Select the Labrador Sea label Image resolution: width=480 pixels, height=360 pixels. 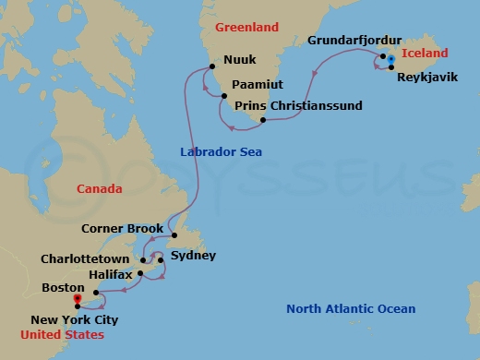(x=222, y=151)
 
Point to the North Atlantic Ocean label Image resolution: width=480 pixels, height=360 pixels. (x=351, y=309)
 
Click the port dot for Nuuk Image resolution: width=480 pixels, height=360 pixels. (x=212, y=66)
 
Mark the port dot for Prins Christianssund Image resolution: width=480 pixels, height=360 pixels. (x=263, y=120)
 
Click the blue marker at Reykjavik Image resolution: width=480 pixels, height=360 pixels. (x=391, y=61)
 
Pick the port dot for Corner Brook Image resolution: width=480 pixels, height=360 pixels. (x=174, y=235)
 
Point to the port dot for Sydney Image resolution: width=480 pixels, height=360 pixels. (x=162, y=260)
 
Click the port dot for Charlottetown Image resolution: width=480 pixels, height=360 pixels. (x=143, y=260)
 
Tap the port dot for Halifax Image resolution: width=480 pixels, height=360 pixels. (x=139, y=273)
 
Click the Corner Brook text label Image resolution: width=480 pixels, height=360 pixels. (x=122, y=229)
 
